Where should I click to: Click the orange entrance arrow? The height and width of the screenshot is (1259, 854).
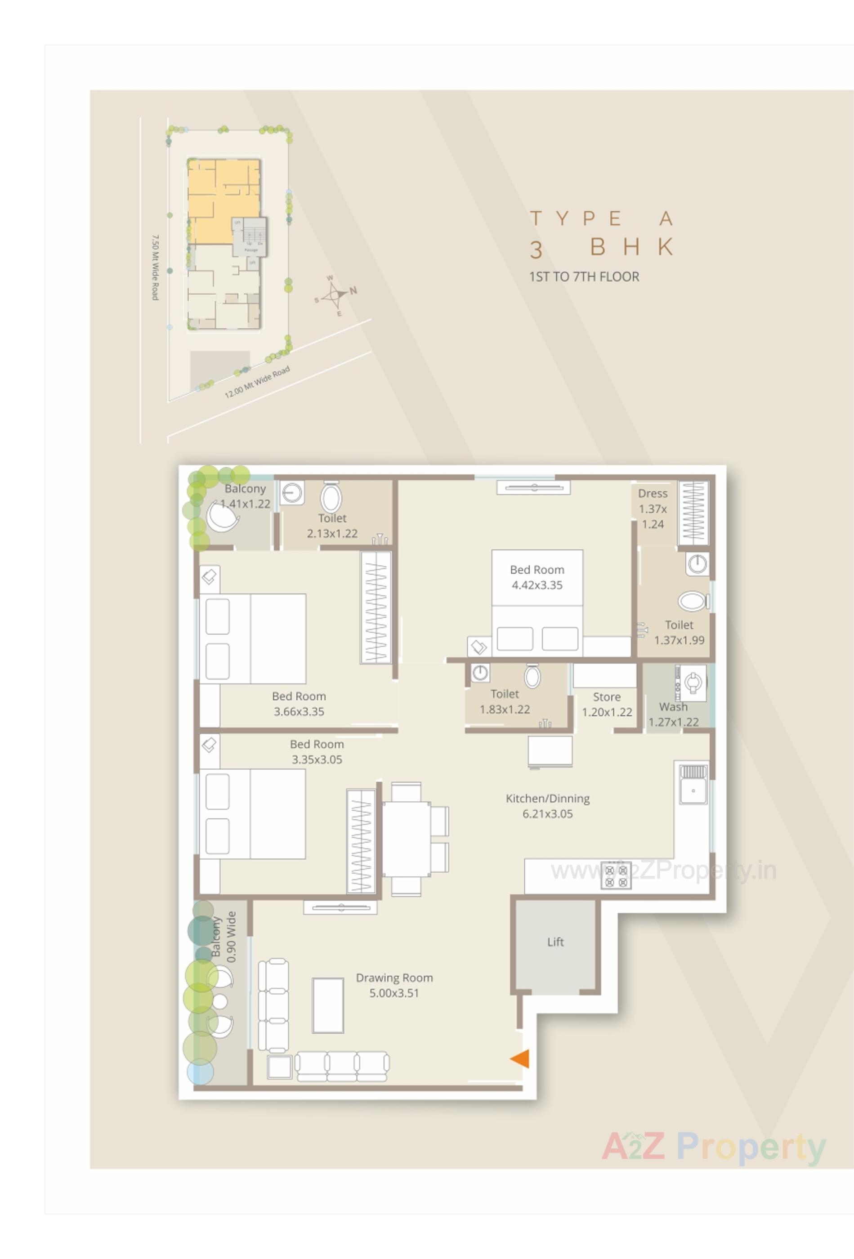tap(520, 1058)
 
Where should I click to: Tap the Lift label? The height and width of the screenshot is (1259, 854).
tap(555, 942)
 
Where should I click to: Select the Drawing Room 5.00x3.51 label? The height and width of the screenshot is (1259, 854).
tap(394, 985)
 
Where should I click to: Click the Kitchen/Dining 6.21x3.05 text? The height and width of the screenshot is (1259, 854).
tap(547, 806)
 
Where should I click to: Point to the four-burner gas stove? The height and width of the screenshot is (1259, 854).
tap(616, 876)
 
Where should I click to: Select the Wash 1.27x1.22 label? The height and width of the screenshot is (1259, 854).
tap(673, 714)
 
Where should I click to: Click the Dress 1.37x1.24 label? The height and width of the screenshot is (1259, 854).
tap(653, 508)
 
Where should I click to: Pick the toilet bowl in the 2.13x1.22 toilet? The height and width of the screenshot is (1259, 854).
tap(331, 497)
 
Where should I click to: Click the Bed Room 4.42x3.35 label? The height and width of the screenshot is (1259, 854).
tap(537, 577)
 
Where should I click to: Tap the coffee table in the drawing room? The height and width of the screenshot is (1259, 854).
tap(328, 1005)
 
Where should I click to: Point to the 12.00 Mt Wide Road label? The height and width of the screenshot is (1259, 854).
tap(257, 381)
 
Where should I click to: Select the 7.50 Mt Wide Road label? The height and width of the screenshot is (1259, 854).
tap(155, 267)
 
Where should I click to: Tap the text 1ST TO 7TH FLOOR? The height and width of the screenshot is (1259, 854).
tap(584, 277)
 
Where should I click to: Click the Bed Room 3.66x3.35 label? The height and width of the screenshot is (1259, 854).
tap(299, 703)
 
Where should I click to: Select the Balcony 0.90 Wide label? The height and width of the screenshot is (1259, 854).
tap(224, 937)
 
